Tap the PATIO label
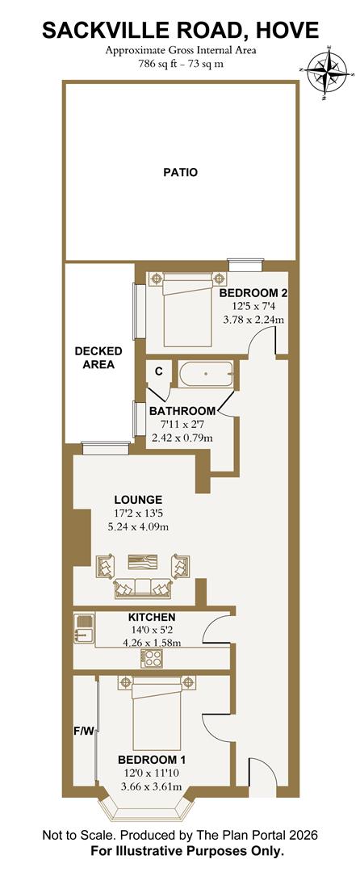(x=180, y=172)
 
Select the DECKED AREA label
(x=98, y=358)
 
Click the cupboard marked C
(x=158, y=371)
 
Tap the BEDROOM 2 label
(x=253, y=292)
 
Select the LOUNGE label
(x=138, y=499)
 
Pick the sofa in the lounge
(x=143, y=589)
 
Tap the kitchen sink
(x=83, y=626)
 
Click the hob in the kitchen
(x=151, y=658)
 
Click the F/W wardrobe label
(x=85, y=731)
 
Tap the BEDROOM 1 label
(x=152, y=760)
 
